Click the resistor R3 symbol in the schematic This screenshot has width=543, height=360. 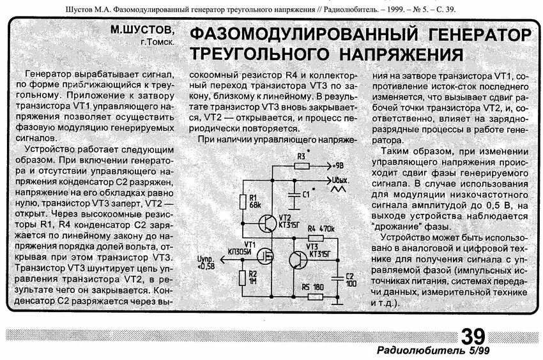[x=302, y=165]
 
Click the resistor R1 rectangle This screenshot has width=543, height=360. [x=243, y=200]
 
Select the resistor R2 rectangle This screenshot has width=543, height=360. [x=243, y=277]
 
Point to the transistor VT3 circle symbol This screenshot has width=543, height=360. [x=297, y=260]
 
